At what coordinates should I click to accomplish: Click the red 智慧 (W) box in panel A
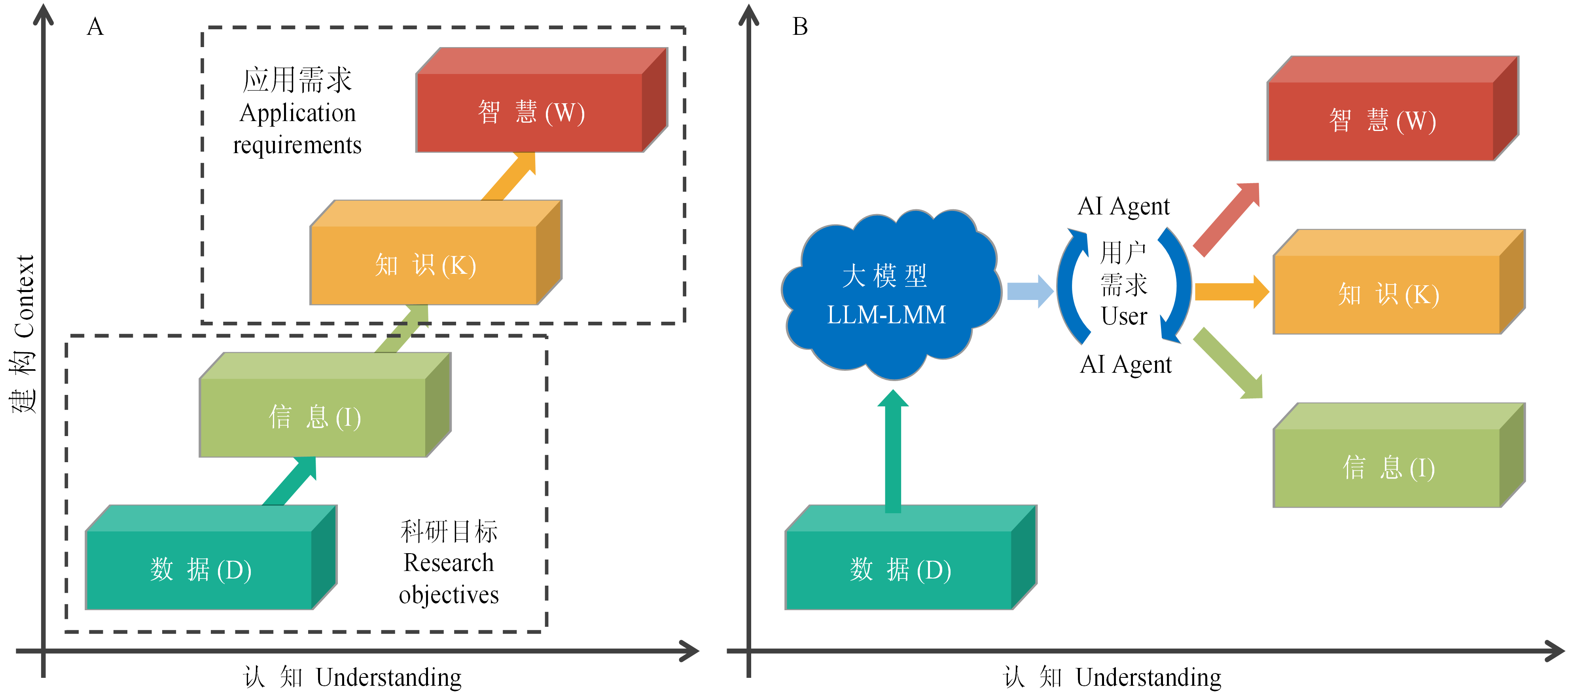tap(530, 113)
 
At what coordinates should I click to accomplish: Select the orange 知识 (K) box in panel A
tap(425, 265)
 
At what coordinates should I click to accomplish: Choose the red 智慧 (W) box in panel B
tap(1382, 121)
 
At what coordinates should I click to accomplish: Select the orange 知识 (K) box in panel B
tap(1388, 294)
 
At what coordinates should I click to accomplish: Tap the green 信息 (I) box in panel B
tap(1388, 468)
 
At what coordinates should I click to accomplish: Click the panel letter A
tap(95, 27)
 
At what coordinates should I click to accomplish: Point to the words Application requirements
tap(297, 129)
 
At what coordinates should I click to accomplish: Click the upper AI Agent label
tap(1123, 206)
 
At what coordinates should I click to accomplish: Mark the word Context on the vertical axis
tap(25, 296)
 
